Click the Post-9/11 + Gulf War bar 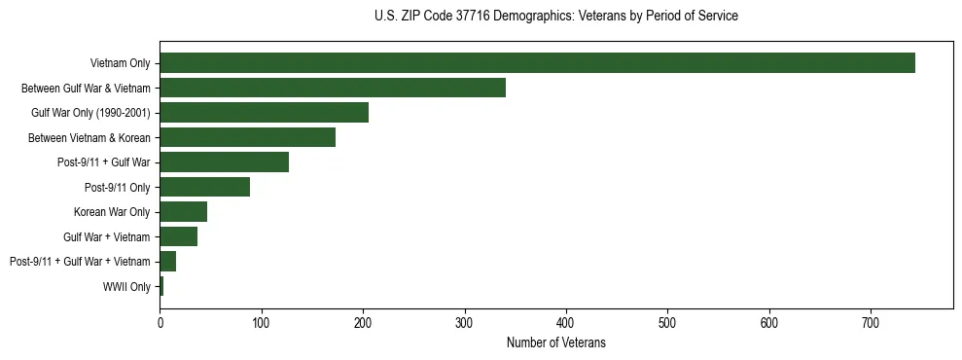(x=224, y=162)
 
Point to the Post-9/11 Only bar (x=204, y=187)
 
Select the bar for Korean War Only (x=183, y=212)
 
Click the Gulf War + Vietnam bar (x=178, y=236)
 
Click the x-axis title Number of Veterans (x=555, y=342)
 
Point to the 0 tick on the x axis (x=160, y=323)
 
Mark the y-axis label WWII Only (x=126, y=286)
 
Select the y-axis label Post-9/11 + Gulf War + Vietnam (x=80, y=262)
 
